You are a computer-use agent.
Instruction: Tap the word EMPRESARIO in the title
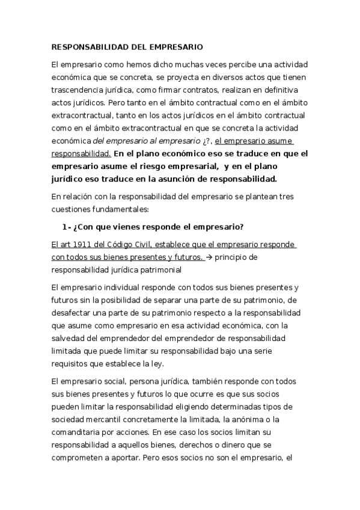coord(175,46)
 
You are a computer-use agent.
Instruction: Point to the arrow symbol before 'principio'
coord(209,257)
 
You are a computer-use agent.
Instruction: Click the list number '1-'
coord(66,226)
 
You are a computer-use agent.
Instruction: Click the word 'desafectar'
coord(73,313)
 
